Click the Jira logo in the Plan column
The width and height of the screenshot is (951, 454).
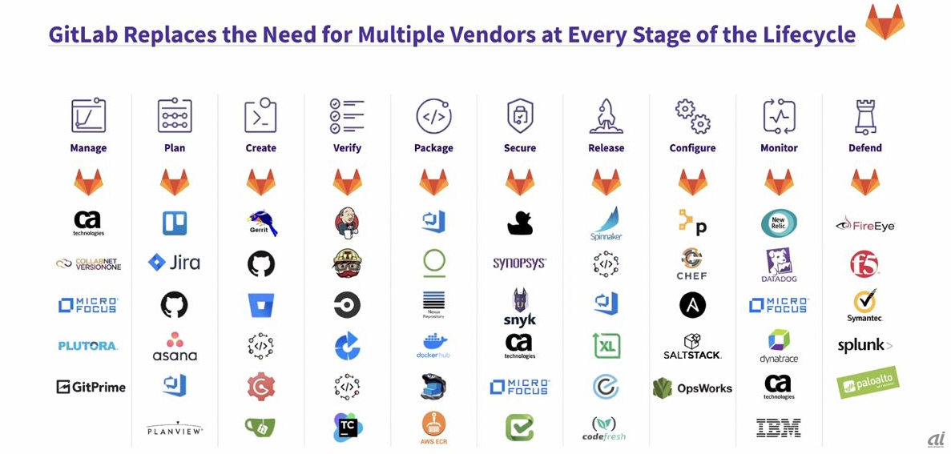tap(174, 262)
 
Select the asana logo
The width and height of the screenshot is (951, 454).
tap(174, 347)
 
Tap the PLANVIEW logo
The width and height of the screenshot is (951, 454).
tap(175, 429)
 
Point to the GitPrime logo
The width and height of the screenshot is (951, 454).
tap(91, 387)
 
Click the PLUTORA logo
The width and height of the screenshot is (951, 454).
tap(88, 346)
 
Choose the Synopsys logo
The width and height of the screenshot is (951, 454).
tap(519, 263)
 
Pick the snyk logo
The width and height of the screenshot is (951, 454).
tap(519, 307)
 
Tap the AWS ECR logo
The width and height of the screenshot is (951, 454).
tap(433, 428)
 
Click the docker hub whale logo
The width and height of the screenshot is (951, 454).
tap(433, 345)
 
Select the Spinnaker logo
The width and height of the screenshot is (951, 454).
tap(606, 223)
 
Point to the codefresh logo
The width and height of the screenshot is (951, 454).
tap(606, 428)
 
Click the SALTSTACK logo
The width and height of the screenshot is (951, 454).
tap(692, 346)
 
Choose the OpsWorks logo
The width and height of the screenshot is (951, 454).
tap(692, 388)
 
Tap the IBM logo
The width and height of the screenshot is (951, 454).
tap(779, 428)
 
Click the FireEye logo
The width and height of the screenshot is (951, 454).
tap(864, 225)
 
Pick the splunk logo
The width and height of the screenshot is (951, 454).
tap(864, 346)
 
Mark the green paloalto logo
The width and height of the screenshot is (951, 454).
tap(864, 384)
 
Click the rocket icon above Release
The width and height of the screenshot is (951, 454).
tap(606, 117)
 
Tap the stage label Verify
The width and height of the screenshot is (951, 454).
tap(347, 148)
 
